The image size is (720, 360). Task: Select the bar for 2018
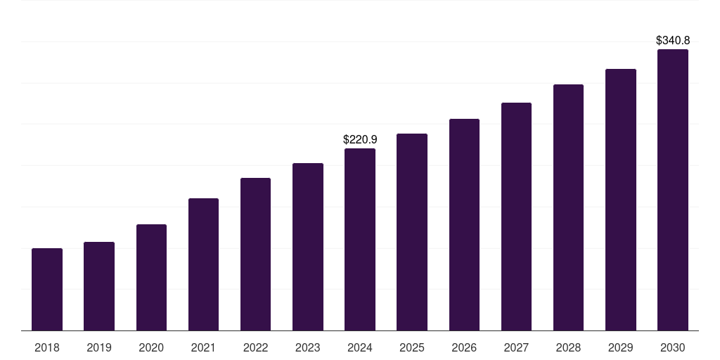(47, 289)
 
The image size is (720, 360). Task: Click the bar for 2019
(99, 286)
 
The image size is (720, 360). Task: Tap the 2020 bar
(152, 277)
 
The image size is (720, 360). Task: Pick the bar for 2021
(203, 264)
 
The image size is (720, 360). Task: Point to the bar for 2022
(255, 255)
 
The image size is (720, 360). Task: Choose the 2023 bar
(308, 247)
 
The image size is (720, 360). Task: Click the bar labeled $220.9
(360, 240)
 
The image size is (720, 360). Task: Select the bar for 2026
(464, 224)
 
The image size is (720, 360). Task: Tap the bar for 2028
(568, 207)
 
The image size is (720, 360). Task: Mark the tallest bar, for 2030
(673, 190)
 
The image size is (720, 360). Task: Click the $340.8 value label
(673, 40)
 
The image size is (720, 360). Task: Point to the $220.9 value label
(360, 140)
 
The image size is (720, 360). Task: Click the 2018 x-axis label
(47, 347)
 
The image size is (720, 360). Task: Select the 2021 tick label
(203, 347)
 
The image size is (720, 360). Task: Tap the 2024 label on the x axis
(360, 347)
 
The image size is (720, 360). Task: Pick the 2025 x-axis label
(412, 347)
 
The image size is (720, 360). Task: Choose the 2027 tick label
(516, 347)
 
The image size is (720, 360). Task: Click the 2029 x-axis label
(620, 347)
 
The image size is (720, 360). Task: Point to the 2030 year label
(673, 347)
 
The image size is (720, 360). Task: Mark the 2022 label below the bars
(255, 347)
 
